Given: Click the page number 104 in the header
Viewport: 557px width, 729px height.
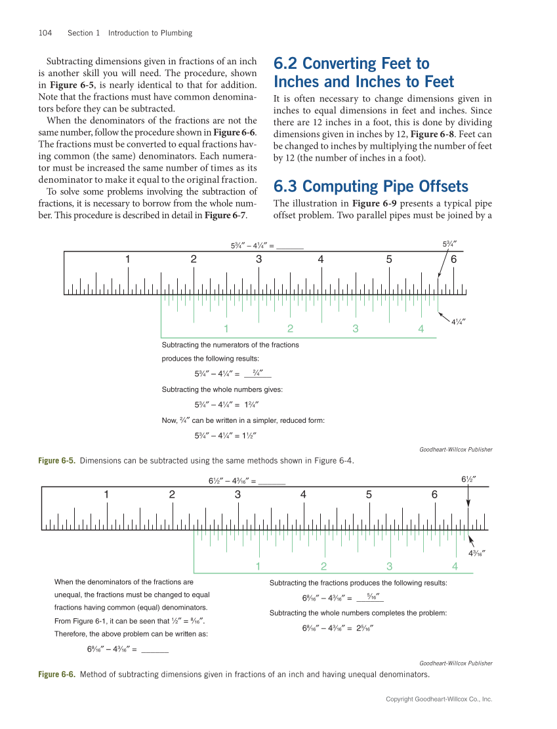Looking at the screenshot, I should pyautogui.click(x=45, y=33).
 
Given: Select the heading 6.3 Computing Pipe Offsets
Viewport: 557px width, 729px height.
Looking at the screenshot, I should pyautogui.click(x=371, y=186).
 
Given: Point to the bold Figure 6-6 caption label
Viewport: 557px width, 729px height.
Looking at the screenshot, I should pyautogui.click(x=56, y=674).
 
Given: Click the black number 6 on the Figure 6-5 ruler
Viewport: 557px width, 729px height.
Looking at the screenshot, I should pyautogui.click(x=453, y=259).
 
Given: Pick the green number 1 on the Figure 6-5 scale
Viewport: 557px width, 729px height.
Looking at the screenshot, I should pyautogui.click(x=226, y=328).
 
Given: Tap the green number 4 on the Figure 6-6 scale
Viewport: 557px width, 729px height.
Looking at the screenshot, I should pyautogui.click(x=455, y=566).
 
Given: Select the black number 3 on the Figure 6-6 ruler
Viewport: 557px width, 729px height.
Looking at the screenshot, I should pyautogui.click(x=237, y=494).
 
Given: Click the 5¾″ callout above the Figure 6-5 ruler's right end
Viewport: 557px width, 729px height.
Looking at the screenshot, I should pyautogui.click(x=449, y=244).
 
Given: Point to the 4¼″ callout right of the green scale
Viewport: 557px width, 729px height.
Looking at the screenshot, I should pyautogui.click(x=459, y=321).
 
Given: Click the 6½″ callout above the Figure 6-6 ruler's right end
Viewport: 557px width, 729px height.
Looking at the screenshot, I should pyautogui.click(x=468, y=479).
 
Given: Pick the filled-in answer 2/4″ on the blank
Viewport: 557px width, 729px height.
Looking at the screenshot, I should pyautogui.click(x=258, y=374).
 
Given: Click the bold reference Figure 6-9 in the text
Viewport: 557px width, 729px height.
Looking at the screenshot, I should pyautogui.click(x=373, y=203).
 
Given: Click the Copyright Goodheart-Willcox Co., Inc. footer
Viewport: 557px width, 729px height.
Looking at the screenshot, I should pyautogui.click(x=438, y=699).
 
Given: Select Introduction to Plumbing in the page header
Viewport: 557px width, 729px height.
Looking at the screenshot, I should pyautogui.click(x=150, y=33).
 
